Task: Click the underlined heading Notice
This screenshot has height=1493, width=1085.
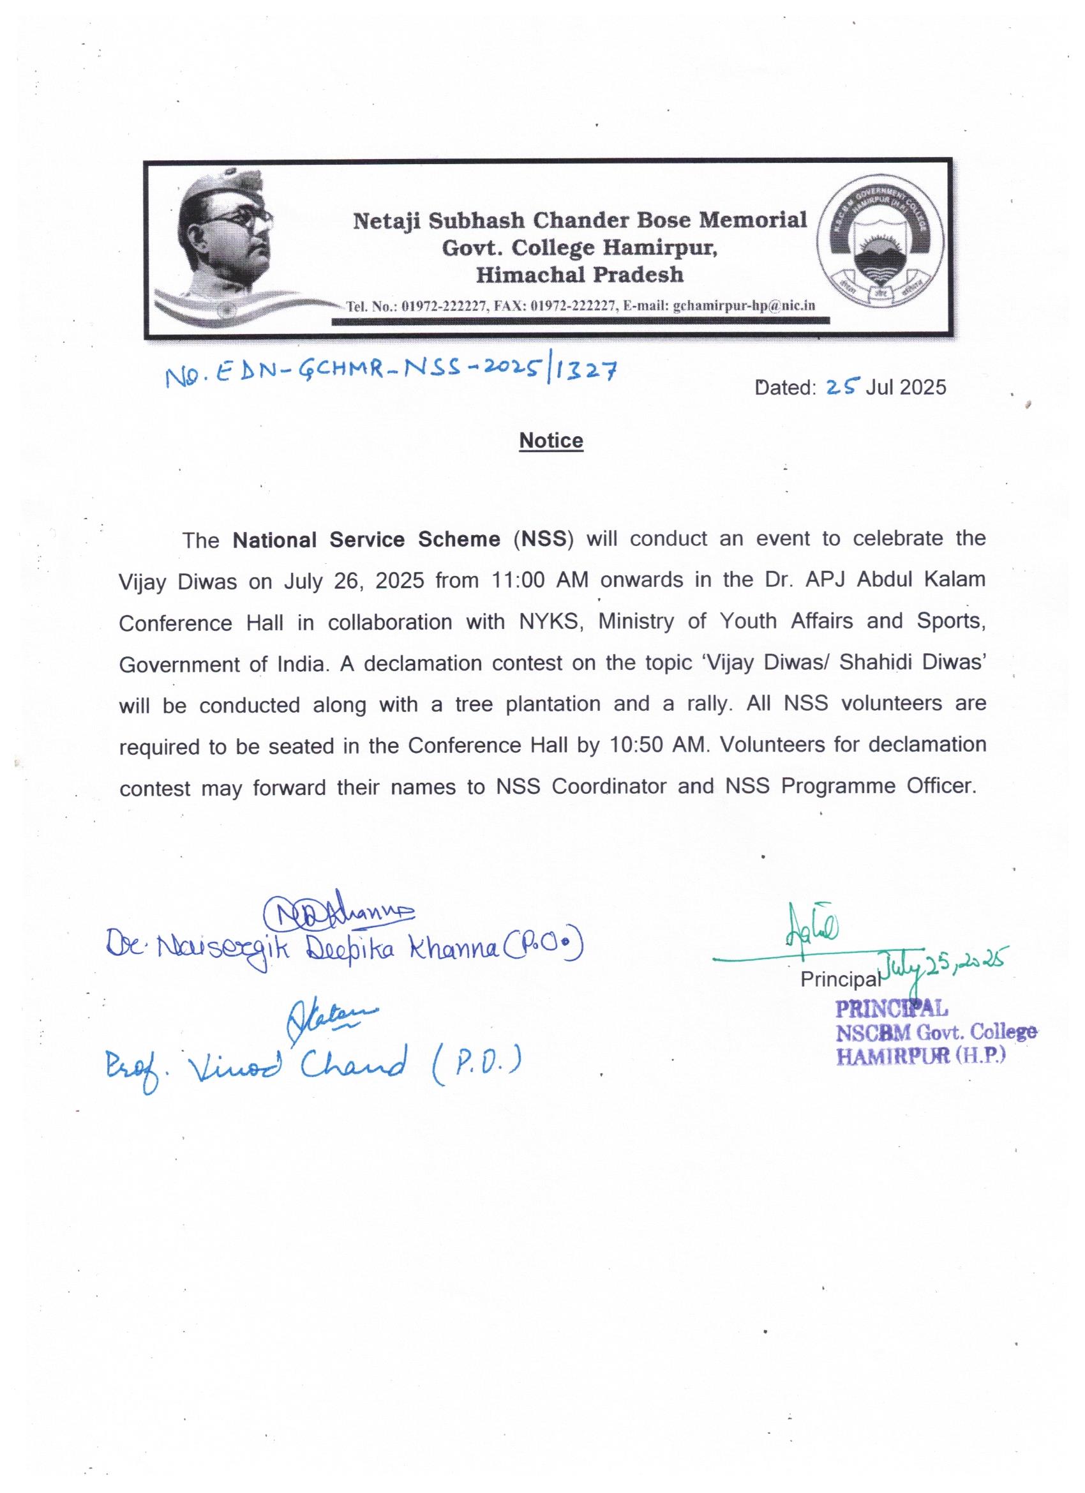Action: tap(551, 441)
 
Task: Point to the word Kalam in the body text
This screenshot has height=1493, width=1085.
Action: tap(957, 579)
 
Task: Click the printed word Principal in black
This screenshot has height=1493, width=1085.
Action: tap(839, 980)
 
